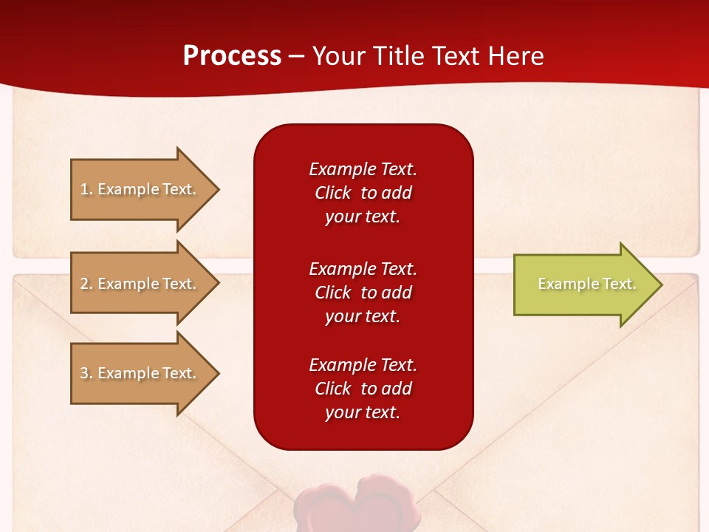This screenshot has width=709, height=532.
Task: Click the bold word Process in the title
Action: coord(232,56)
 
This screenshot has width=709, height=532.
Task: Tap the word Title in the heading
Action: coord(398,56)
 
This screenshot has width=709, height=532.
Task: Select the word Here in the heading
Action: coord(516,56)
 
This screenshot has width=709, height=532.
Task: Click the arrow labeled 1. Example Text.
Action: coord(145,190)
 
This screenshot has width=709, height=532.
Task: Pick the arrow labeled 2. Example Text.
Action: coord(145,283)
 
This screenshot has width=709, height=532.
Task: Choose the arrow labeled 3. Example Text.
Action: coord(145,373)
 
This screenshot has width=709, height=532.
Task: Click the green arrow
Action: coord(588,284)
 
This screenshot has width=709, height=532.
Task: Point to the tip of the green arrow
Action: coord(662,284)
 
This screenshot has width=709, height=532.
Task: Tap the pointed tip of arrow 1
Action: coord(219,190)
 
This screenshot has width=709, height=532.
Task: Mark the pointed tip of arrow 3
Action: coord(219,374)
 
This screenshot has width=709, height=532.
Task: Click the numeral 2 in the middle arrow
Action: coord(84,284)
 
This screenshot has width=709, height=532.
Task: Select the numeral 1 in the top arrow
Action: coord(84,189)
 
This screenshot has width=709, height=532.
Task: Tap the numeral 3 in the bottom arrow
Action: coord(84,373)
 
